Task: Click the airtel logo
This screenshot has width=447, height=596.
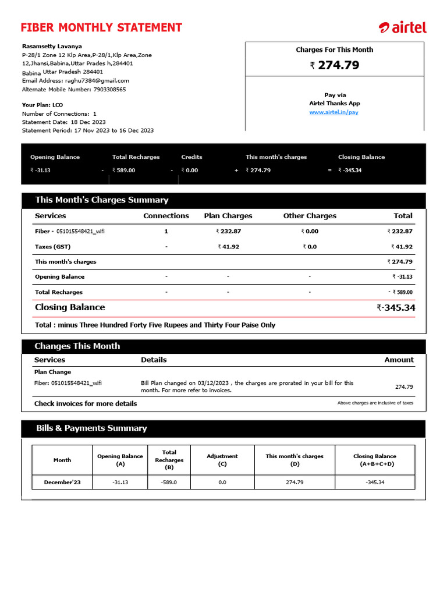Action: pos(402,27)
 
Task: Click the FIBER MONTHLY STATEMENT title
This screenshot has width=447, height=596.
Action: pos(101,27)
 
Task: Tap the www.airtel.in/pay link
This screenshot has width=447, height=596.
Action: pos(334,112)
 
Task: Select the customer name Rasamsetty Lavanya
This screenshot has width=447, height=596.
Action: pos(52,46)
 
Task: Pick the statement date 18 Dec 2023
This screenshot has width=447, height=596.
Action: pos(89,122)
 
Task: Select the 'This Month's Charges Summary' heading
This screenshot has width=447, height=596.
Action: pos(101,200)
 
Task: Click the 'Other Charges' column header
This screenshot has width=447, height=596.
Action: pos(310,215)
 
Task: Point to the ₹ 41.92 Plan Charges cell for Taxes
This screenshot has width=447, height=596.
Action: pos(228,247)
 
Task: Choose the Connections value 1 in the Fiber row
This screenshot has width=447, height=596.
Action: pos(166,231)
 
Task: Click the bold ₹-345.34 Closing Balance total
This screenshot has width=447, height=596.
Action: pos(396,307)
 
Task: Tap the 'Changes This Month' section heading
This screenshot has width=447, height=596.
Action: pos(77,346)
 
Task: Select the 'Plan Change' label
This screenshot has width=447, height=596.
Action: pos(52,372)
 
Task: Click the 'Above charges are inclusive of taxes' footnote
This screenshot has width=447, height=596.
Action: pos(375,403)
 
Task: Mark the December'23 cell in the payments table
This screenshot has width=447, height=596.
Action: pos(62,482)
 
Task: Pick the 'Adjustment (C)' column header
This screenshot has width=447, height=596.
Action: pos(222,460)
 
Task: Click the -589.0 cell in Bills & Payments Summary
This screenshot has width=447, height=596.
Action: pos(169,482)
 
